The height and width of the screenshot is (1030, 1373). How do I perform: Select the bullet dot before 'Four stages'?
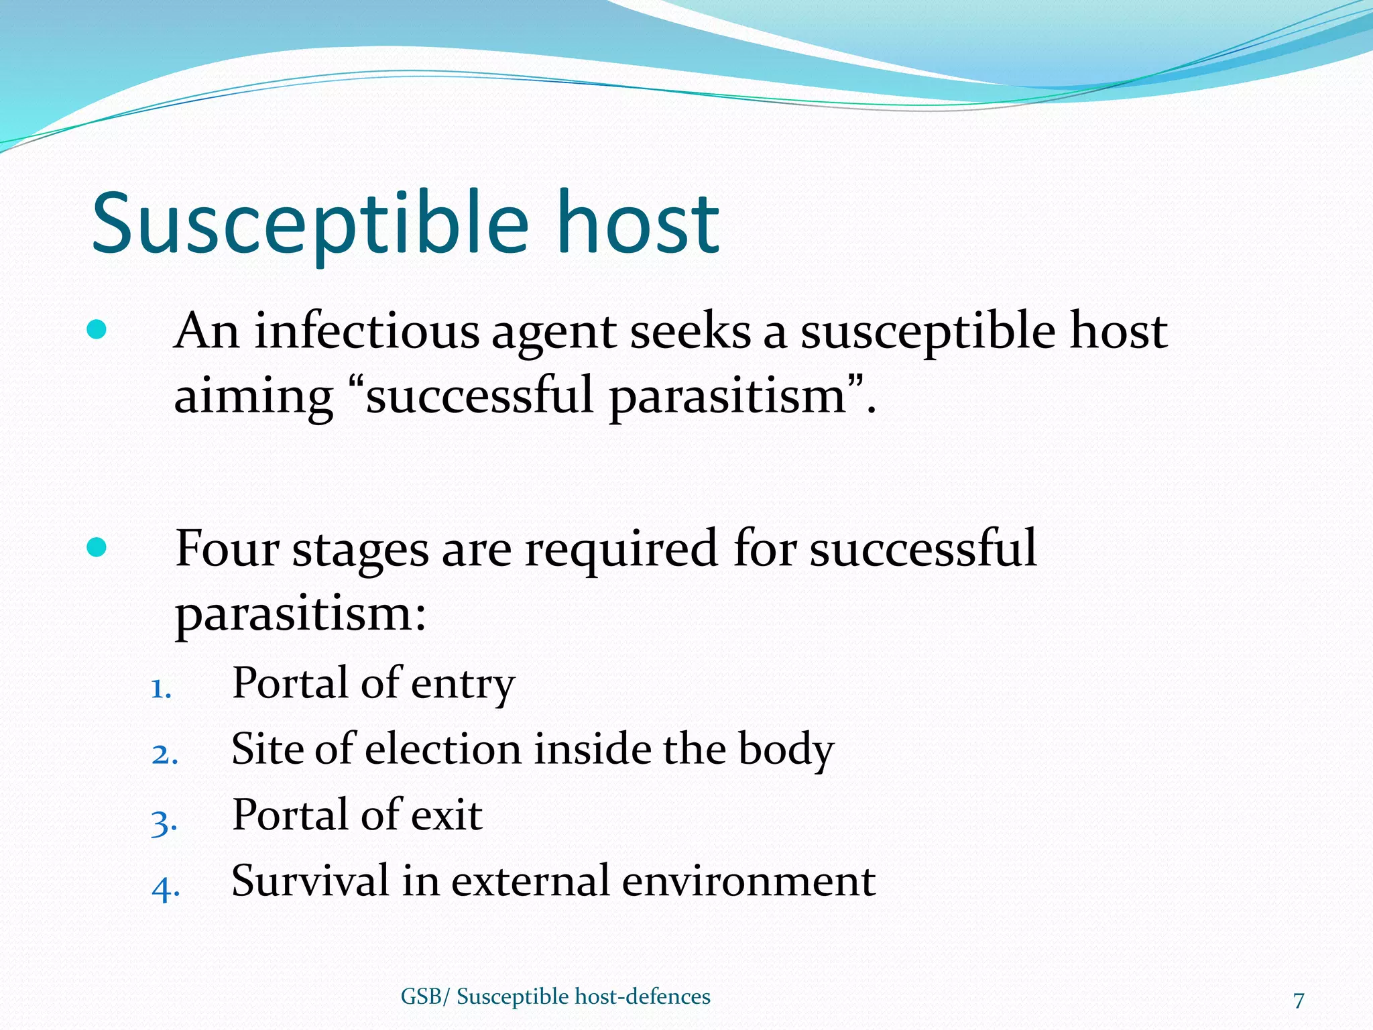(x=97, y=547)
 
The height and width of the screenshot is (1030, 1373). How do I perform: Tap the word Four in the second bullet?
(x=227, y=549)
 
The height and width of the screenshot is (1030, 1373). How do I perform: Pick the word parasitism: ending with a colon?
(x=300, y=614)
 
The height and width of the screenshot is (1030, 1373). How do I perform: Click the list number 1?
(x=161, y=689)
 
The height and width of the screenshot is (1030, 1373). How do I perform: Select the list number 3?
(x=164, y=822)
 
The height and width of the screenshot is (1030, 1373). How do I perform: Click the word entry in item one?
(x=463, y=684)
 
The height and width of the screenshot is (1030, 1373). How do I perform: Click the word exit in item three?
(x=446, y=815)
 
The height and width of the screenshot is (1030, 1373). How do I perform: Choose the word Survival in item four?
(x=310, y=880)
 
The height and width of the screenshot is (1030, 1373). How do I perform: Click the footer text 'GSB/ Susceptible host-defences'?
(x=555, y=996)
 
